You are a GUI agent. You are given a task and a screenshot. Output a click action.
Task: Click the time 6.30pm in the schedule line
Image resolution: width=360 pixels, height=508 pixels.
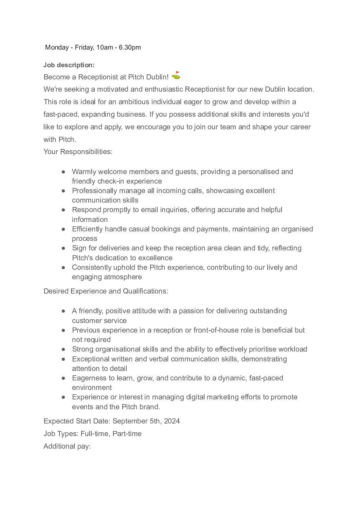pos(130,48)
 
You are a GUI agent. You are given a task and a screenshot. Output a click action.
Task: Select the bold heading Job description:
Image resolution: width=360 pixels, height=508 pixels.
pos(69,65)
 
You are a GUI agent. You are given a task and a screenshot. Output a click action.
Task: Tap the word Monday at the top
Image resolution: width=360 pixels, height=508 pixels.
pos(57,48)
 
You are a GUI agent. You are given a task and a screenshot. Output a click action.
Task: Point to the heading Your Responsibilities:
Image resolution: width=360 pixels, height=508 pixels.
pos(78,152)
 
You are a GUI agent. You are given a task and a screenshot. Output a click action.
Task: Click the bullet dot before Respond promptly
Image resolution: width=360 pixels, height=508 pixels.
pos(64,210)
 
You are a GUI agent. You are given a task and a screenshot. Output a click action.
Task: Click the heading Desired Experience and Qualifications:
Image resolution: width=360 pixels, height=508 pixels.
pos(106,291)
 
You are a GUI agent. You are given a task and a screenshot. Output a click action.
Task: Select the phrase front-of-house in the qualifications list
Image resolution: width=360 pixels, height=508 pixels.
pos(216,330)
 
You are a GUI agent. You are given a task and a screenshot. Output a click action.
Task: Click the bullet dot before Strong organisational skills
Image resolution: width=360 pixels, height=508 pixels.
pos(64,349)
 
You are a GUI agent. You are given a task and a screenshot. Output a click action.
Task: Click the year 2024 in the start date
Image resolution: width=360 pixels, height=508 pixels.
pos(172,421)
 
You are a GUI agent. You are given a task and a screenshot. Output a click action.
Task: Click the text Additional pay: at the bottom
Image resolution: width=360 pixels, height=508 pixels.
pos(67,446)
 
